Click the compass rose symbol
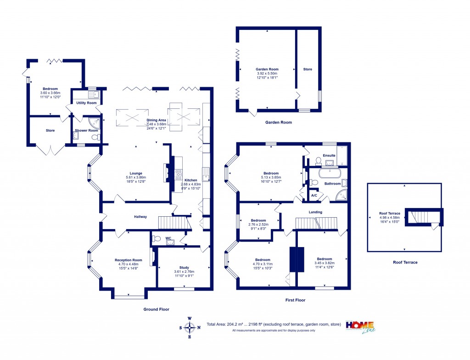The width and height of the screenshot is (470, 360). click(x=190, y=327)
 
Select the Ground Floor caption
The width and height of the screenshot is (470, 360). click(x=157, y=309)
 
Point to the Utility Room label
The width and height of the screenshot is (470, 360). click(x=86, y=103)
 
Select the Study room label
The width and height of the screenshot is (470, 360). click(x=184, y=267)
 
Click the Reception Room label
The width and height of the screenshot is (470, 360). click(x=126, y=260)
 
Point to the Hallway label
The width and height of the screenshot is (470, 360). click(x=140, y=217)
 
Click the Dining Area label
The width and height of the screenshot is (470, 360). click(x=156, y=120)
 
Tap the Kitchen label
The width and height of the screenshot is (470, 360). click(x=190, y=180)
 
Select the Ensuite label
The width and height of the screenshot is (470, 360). click(x=329, y=155)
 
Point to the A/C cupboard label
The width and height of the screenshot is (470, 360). click(x=314, y=195)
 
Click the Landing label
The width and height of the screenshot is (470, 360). click(x=315, y=212)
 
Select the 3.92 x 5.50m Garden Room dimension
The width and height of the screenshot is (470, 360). click(x=267, y=73)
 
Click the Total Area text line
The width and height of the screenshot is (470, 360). click(x=274, y=324)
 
